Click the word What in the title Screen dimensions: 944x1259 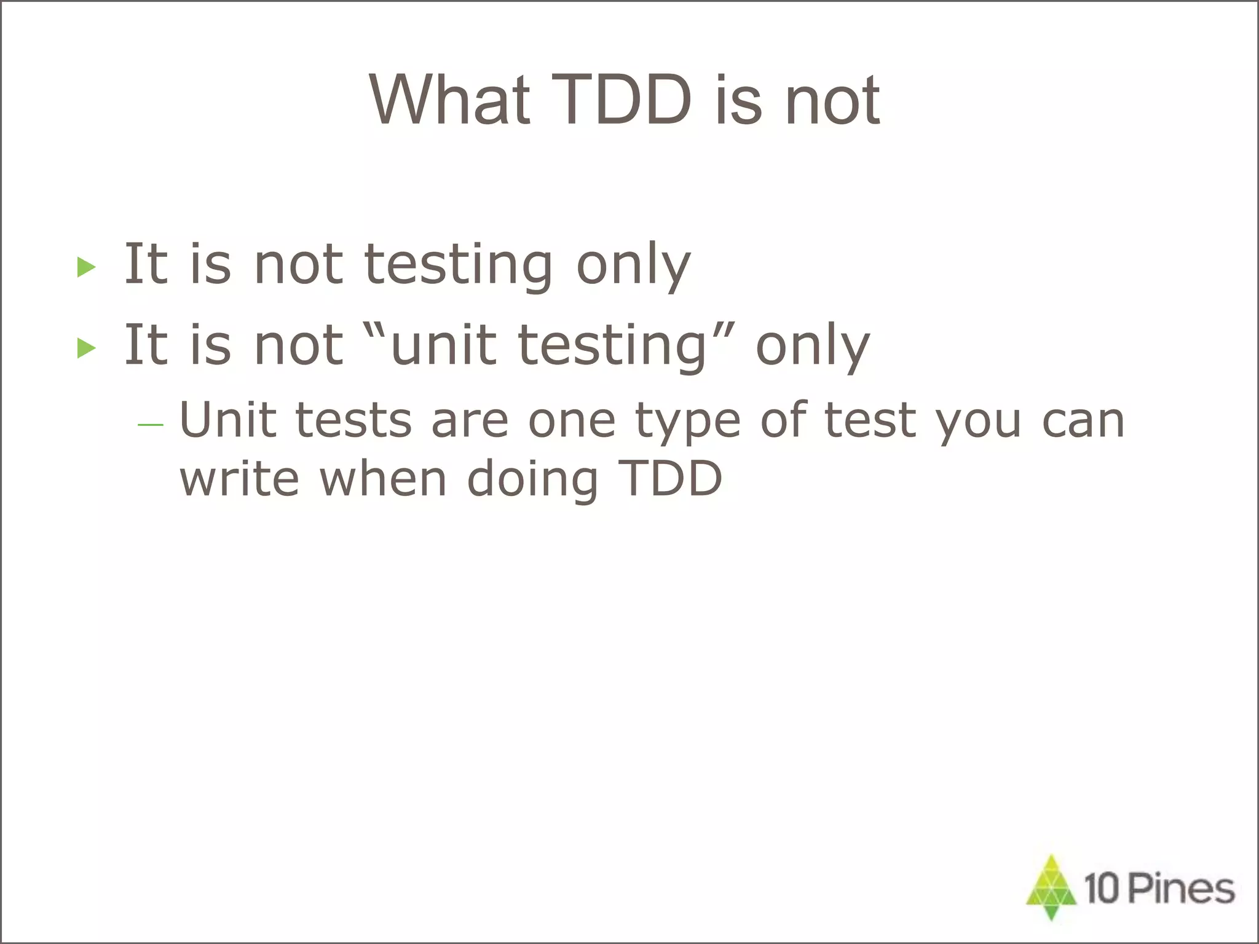pyautogui.click(x=449, y=100)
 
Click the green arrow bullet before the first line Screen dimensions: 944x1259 pyautogui.click(x=87, y=267)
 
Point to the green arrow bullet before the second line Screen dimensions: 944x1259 pyautogui.click(x=87, y=348)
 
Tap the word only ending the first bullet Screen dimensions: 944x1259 pyautogui.click(x=633, y=265)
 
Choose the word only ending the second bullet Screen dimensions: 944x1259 pyautogui.click(x=812, y=347)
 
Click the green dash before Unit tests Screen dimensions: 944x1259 pyautogui.click(x=151, y=425)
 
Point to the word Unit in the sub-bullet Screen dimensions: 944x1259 pyautogui.click(x=227, y=420)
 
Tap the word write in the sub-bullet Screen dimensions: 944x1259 pyautogui.click(x=239, y=479)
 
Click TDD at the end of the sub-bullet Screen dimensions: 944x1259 pyautogui.click(x=670, y=478)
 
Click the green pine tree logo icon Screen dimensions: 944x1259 pyautogui.click(x=1052, y=887)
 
